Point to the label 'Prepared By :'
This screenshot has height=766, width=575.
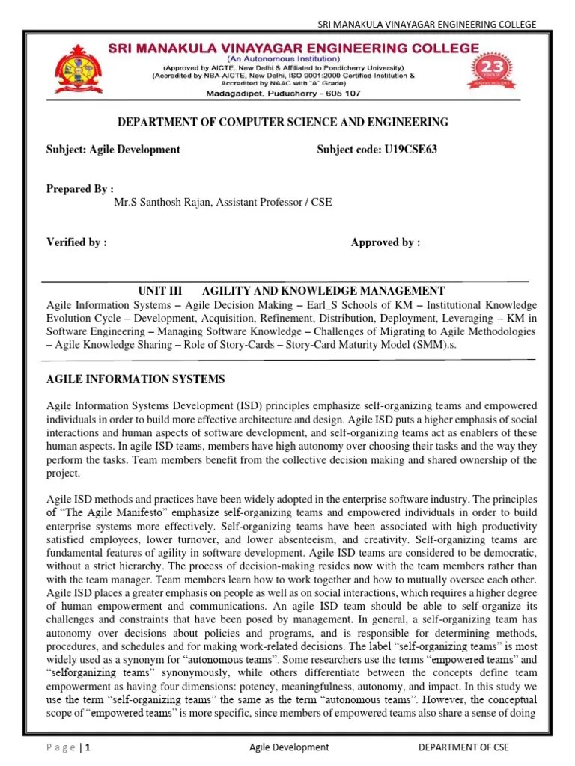pyautogui.click(x=80, y=189)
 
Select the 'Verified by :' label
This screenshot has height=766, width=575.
pyautogui.click(x=77, y=242)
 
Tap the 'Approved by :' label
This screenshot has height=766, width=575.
pyautogui.click(x=386, y=242)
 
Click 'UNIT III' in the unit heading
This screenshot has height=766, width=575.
pyautogui.click(x=161, y=291)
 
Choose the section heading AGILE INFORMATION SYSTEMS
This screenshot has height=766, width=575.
pyautogui.click(x=136, y=380)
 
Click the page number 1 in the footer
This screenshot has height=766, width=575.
pyautogui.click(x=89, y=747)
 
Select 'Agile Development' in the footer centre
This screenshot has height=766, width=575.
pyautogui.click(x=288, y=747)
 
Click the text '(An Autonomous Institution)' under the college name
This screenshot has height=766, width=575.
pyautogui.click(x=288, y=58)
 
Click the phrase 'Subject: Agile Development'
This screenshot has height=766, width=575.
pyautogui.click(x=113, y=149)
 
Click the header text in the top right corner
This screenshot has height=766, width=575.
pyautogui.click(x=428, y=25)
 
